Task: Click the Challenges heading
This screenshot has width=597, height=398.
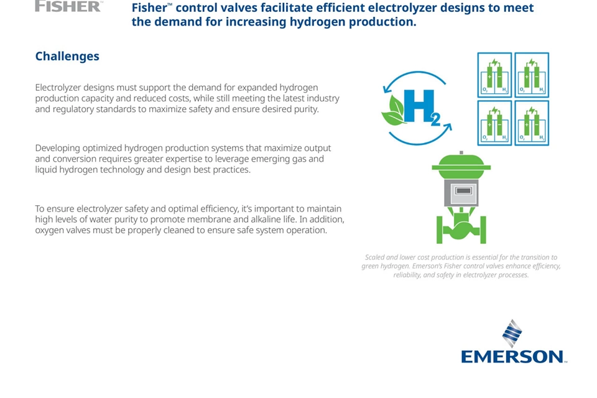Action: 67,57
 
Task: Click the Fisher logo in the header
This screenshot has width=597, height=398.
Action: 68,6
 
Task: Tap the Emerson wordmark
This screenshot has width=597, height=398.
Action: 514,357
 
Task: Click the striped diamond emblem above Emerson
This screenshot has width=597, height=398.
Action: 512,333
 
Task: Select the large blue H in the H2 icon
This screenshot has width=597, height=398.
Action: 419,106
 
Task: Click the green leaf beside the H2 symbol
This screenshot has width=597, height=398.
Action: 393,111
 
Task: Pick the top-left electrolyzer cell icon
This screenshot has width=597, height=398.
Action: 494,75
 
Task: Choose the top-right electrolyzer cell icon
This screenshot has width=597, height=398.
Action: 532,75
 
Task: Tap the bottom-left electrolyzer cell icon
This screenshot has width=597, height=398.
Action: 494,123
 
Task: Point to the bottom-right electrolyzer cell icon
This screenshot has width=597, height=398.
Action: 532,123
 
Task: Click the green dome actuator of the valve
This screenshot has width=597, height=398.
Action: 461,166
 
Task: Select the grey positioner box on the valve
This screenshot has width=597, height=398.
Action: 461,193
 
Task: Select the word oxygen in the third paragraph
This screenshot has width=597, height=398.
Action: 49,231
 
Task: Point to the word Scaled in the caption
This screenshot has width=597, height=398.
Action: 374,257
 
